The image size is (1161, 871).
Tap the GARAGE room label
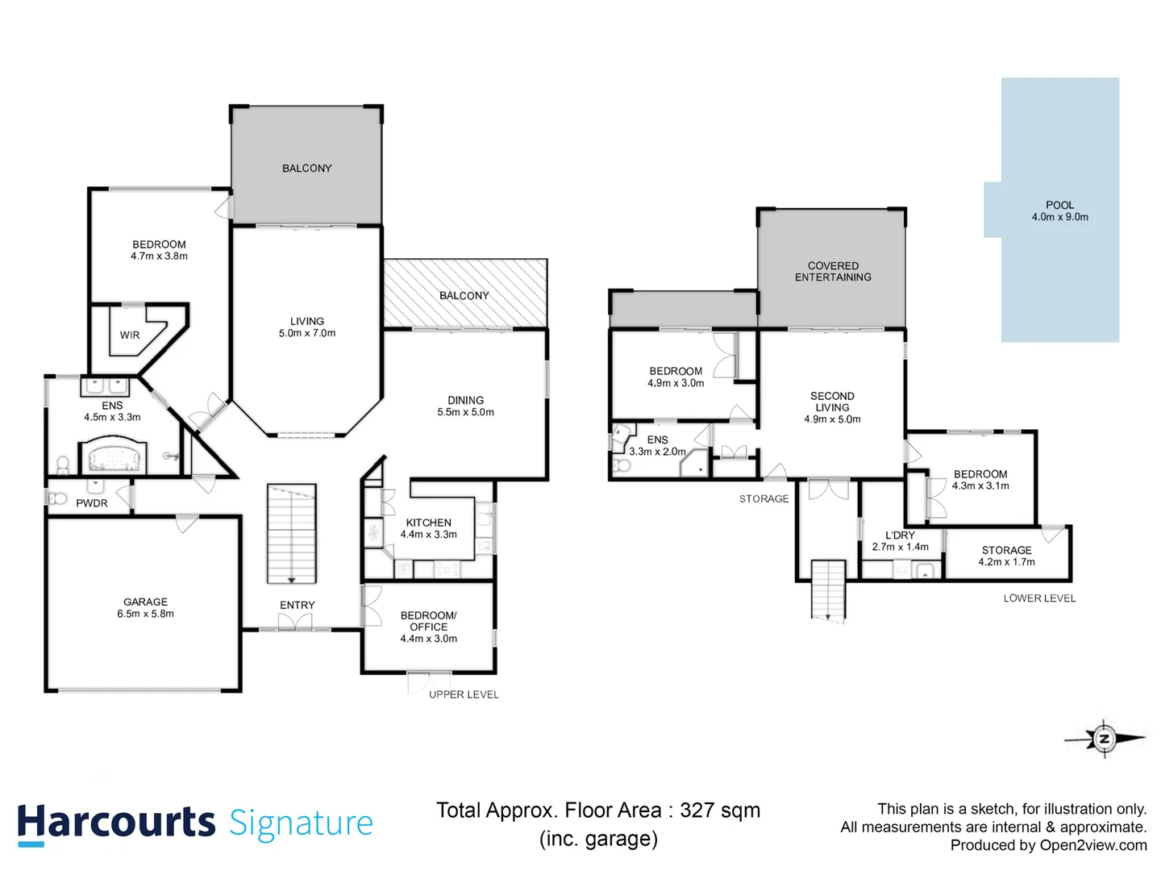(x=146, y=602)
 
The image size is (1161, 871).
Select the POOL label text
(x=1059, y=205)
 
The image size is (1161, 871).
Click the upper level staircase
(x=291, y=533)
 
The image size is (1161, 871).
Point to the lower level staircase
(x=828, y=590)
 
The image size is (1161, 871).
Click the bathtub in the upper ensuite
(x=114, y=456)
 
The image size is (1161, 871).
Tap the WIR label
(x=130, y=335)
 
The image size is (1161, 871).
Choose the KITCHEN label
(x=428, y=523)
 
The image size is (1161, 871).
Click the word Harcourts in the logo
(x=116, y=823)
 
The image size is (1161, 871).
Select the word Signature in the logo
(x=301, y=823)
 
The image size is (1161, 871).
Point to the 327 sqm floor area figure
(x=719, y=811)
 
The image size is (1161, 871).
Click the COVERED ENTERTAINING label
(x=833, y=271)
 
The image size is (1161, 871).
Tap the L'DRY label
(x=900, y=535)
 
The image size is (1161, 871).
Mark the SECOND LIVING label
(x=832, y=402)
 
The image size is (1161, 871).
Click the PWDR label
(x=92, y=503)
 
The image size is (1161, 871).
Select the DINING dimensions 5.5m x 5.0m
(x=465, y=412)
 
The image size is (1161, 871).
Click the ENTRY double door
(x=295, y=623)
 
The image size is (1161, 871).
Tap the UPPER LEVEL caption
(x=464, y=694)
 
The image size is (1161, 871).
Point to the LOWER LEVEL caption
(x=1039, y=598)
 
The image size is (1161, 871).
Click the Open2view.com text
(x=1092, y=845)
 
